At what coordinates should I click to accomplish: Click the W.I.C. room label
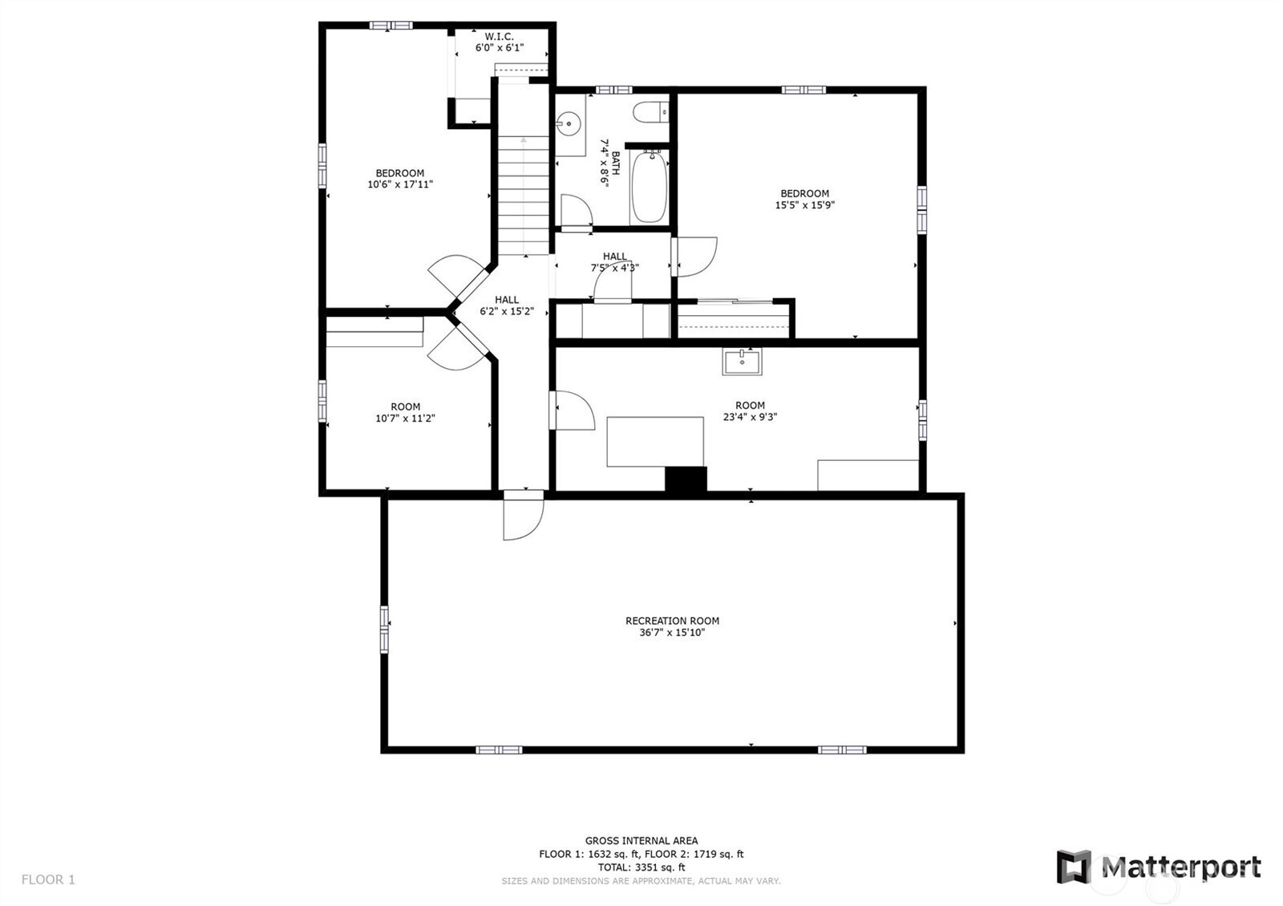click(x=499, y=37)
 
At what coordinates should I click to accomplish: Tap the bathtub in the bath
click(x=649, y=188)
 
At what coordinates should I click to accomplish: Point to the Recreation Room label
click(x=672, y=621)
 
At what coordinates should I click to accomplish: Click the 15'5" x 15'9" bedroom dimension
click(x=804, y=205)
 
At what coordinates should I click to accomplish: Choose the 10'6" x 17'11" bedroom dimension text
click(x=400, y=184)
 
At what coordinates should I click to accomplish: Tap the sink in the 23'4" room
click(x=742, y=362)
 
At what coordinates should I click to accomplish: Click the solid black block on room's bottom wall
click(x=686, y=479)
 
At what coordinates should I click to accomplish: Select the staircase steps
click(x=523, y=192)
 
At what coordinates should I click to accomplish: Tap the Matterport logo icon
click(x=1074, y=867)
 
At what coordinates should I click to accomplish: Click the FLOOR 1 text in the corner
click(x=48, y=880)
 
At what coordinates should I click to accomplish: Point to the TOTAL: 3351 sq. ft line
click(x=641, y=868)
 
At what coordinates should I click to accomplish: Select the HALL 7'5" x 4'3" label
click(x=614, y=262)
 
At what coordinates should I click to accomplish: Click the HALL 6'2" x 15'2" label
click(x=506, y=305)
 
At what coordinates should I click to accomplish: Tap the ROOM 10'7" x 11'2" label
click(x=405, y=412)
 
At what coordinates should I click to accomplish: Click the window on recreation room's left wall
click(x=384, y=629)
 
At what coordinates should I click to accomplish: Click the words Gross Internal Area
click(x=641, y=841)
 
